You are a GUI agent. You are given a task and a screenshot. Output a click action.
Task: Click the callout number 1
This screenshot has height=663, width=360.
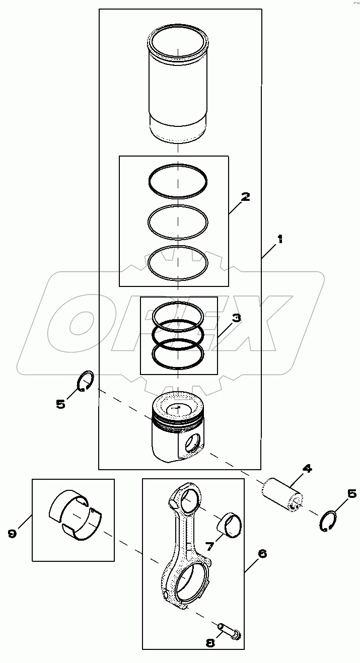[279, 239]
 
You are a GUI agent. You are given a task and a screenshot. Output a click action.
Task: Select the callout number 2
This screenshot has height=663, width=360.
[246, 197]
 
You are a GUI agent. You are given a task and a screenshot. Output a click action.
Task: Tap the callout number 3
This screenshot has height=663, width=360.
[237, 318]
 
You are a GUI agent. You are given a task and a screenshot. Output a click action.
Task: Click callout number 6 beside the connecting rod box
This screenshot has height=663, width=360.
[262, 553]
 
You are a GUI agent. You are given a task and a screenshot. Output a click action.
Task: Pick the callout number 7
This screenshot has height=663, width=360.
[209, 547]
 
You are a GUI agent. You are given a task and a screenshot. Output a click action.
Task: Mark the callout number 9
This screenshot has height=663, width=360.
[12, 534]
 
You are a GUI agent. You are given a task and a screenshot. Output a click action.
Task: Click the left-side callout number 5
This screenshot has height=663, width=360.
[61, 404]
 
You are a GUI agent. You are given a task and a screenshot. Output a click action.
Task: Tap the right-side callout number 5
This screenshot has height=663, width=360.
[352, 493]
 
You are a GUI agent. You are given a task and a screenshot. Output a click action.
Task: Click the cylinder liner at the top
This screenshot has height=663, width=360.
[178, 86]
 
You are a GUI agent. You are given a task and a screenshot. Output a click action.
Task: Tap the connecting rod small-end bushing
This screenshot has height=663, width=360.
[230, 526]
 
